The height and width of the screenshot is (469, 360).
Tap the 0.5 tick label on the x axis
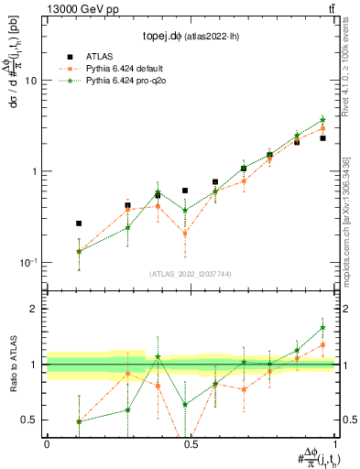tap(191, 442)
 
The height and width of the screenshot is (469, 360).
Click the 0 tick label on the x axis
tap(47, 442)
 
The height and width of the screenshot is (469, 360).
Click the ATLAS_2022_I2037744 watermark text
tap(191, 274)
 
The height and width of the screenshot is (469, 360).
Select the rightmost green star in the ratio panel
tap(322, 328)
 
